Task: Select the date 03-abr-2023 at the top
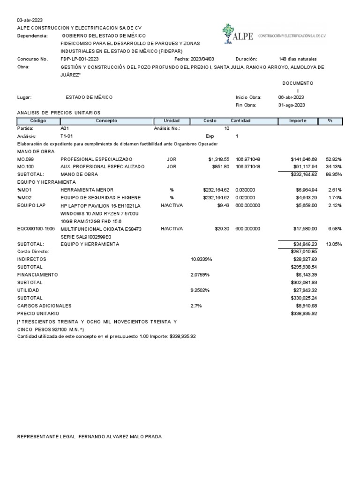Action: tap(30, 20)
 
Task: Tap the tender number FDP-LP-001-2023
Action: tap(80, 59)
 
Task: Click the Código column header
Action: tap(37, 121)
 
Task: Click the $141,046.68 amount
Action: tap(304, 159)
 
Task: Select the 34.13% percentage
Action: tap(333, 166)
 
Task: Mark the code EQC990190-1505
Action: tap(36, 229)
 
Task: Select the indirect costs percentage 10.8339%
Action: tap(202, 259)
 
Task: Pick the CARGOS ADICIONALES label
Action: tap(44, 306)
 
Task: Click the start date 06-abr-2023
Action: tap(291, 97)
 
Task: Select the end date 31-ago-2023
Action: tap(292, 105)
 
